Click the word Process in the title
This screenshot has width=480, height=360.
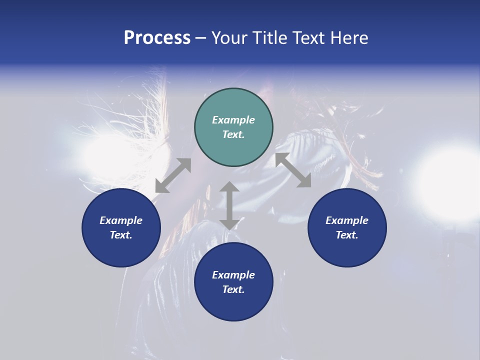157,38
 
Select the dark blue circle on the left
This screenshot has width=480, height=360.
121,227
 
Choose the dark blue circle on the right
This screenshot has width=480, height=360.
347,227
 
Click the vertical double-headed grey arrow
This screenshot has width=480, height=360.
229,205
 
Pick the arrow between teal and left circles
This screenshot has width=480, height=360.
173,175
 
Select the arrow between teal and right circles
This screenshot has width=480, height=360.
293,170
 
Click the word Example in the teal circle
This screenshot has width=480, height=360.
233,120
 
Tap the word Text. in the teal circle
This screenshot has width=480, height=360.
233,134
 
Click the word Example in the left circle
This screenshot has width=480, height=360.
121,220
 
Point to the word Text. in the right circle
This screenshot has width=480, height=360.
347,235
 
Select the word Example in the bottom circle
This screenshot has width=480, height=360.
233,275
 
